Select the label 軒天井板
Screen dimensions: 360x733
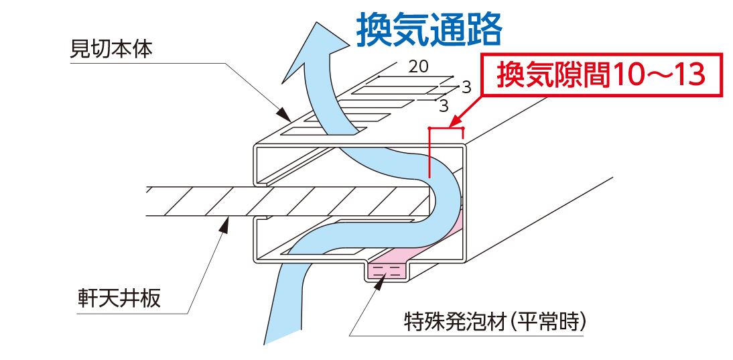click(119, 297)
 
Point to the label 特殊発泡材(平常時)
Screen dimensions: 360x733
click(496, 320)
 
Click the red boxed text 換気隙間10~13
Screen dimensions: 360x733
click(601, 75)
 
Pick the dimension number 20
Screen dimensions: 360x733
click(418, 66)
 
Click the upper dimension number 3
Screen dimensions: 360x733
click(466, 86)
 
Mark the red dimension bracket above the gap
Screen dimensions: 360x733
click(446, 128)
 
